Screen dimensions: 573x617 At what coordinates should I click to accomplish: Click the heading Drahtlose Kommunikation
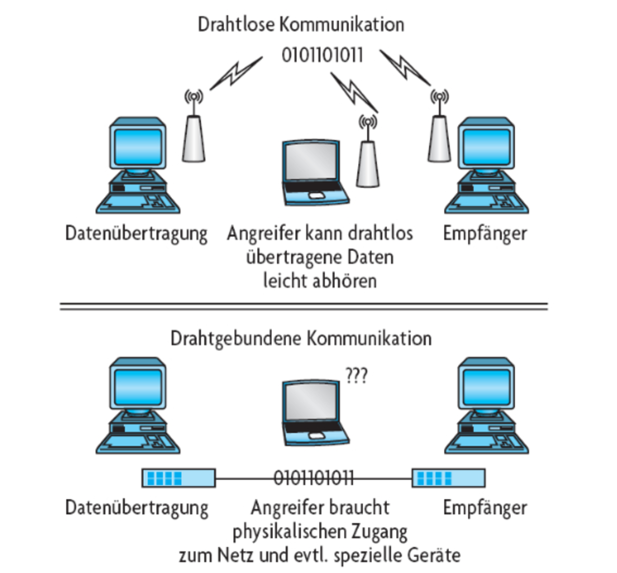coord(301,25)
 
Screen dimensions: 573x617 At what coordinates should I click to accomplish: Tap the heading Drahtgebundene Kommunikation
coord(301,339)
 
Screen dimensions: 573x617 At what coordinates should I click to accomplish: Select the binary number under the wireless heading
coord(322,55)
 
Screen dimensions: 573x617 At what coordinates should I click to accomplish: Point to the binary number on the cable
coord(314,478)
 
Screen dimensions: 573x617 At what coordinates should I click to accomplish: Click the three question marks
coord(357,375)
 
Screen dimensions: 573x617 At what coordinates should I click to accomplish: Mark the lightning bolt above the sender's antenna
coord(236,73)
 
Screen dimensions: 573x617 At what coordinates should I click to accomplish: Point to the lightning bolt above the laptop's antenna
coord(353,92)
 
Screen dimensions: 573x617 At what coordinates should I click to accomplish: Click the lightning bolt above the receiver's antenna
coord(405,67)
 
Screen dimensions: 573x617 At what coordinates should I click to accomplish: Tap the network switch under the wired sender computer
coord(178,478)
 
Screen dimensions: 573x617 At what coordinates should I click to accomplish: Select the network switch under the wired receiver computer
coord(448,478)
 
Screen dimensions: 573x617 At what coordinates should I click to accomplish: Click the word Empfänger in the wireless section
coord(485,234)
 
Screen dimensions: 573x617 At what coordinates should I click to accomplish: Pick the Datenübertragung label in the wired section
coord(137,508)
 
